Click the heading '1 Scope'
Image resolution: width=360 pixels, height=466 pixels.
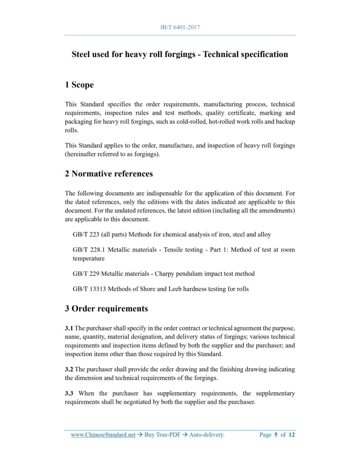[x=79, y=85]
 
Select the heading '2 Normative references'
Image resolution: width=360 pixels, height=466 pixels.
[x=109, y=174]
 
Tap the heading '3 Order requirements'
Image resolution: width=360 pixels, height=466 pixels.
[x=106, y=309]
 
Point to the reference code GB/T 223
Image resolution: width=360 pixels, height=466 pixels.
[x=86, y=235]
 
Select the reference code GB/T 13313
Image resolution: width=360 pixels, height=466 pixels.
[x=89, y=289]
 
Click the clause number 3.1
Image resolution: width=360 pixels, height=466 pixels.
[x=69, y=328]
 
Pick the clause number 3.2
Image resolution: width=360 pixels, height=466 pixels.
[x=69, y=370]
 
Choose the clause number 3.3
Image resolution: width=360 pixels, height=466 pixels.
[x=69, y=393]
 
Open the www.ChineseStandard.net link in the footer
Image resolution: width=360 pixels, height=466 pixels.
[x=103, y=435]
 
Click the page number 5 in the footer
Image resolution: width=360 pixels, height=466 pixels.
[x=276, y=435]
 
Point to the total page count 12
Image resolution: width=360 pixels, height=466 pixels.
[x=292, y=435]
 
